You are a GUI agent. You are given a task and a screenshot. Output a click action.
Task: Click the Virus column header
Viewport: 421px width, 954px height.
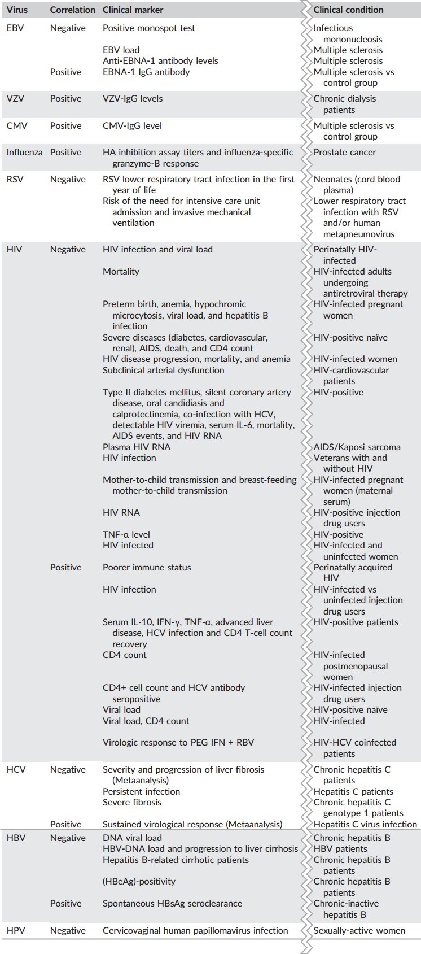[17, 10]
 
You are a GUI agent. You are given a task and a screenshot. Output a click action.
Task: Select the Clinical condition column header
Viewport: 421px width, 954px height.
[348, 10]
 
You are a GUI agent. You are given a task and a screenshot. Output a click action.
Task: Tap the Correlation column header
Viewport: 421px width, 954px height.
[72, 10]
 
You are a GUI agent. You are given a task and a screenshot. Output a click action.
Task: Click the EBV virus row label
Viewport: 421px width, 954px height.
[15, 28]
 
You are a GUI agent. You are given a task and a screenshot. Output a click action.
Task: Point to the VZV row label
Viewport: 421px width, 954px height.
[15, 98]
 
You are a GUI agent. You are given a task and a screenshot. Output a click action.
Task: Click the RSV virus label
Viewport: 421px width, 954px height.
[15, 179]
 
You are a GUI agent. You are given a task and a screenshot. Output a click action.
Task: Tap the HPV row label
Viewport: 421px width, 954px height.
[15, 930]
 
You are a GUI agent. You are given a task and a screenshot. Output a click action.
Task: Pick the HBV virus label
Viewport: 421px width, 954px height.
[15, 838]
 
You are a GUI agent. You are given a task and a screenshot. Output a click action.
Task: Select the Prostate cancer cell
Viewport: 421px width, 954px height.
[344, 152]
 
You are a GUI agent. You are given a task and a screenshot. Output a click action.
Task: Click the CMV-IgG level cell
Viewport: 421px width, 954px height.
[132, 125]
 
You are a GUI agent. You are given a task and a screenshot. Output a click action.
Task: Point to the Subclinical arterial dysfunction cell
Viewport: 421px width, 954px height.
[163, 370]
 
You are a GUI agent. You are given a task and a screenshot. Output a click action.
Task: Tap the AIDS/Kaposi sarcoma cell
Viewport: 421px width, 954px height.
[357, 447]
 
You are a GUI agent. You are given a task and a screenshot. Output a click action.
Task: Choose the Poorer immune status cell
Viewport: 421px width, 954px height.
[147, 567]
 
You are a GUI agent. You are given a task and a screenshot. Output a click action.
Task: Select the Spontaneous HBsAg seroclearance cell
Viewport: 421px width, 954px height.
[172, 903]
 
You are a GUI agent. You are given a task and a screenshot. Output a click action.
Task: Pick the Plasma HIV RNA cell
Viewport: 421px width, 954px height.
[137, 447]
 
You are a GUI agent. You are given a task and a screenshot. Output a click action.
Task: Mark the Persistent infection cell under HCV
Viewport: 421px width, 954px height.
[141, 791]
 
